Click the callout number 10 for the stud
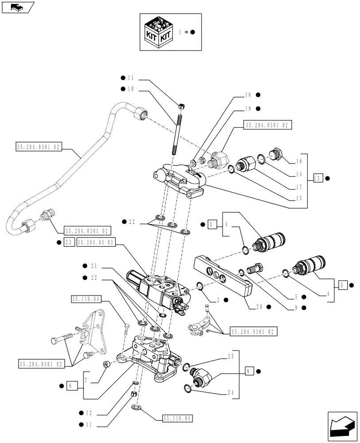pos(130,89)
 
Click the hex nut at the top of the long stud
pos(181,106)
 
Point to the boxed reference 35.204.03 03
pos(96,242)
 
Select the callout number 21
pos(93,266)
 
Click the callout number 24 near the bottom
pos(231,392)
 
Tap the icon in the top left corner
pos(17,7)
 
